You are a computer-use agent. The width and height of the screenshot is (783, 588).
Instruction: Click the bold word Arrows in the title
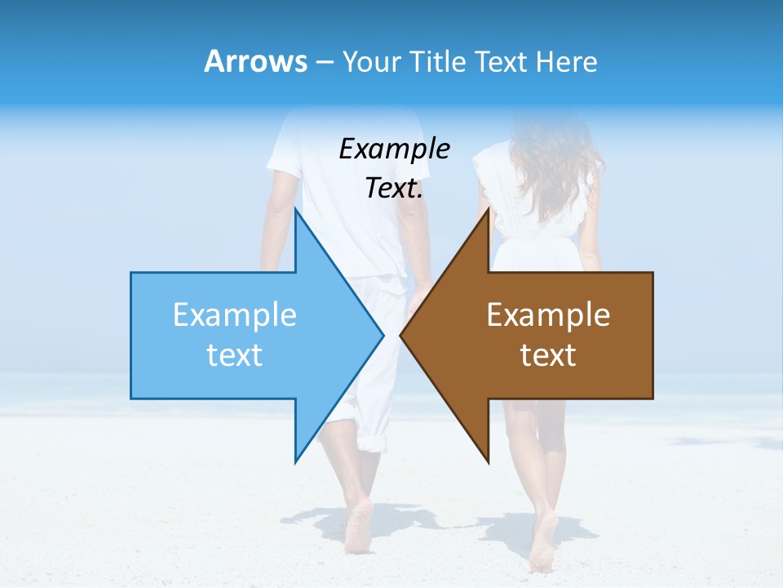[x=255, y=61]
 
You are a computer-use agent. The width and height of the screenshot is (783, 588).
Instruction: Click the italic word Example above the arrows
[x=394, y=149]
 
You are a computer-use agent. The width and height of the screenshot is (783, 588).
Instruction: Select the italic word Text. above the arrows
[x=394, y=188]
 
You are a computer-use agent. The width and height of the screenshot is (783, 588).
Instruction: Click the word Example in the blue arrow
[x=235, y=315]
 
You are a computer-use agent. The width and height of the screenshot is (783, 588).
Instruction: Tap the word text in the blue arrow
[x=235, y=355]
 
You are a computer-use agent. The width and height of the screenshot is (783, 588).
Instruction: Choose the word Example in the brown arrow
[x=548, y=315]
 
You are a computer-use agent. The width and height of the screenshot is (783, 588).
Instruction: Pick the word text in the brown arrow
[x=548, y=355]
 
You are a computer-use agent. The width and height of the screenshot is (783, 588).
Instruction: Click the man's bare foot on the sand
[x=358, y=527]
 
